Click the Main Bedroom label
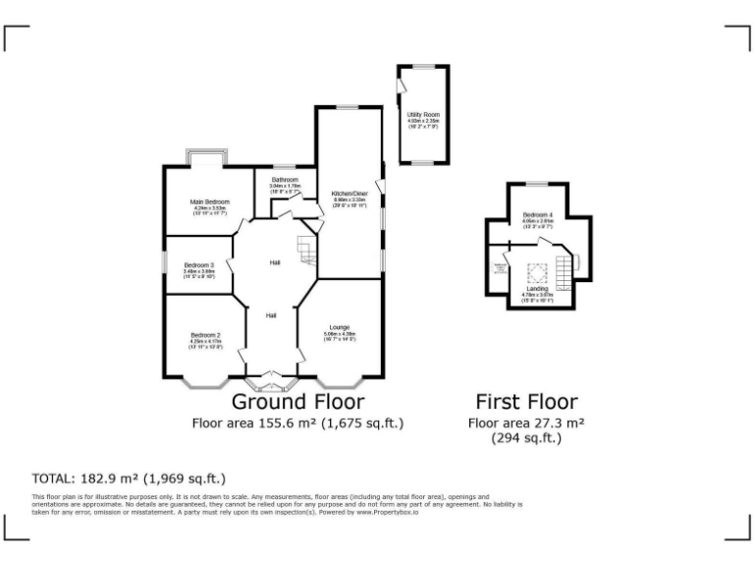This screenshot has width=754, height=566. click(210, 202)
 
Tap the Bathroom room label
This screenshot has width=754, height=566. click(285, 181)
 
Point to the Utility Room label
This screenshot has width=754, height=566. click(423, 116)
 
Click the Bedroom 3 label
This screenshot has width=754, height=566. click(198, 264)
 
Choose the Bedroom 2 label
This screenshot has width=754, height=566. click(204, 335)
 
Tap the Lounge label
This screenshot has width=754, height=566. click(340, 326)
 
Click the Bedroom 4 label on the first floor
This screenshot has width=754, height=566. click(538, 215)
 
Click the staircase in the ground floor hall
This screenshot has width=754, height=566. click(308, 250)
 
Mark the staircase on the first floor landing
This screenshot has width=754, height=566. click(564, 269)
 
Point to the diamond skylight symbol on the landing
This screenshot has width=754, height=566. click(536, 272)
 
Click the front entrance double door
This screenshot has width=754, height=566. click(274, 375)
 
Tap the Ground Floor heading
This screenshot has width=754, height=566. click(297, 401)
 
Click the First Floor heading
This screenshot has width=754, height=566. click(526, 401)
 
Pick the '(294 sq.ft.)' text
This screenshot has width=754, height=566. click(526, 438)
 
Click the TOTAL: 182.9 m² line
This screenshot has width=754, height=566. click(129, 479)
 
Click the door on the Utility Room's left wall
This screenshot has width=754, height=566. click(400, 89)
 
